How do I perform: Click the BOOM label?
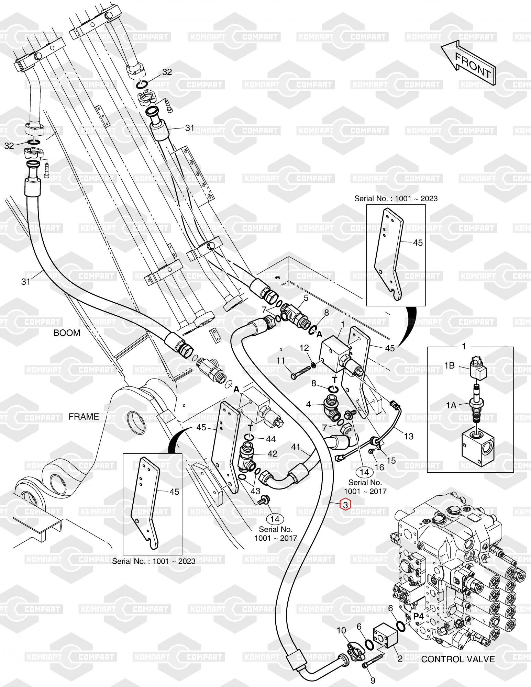coord(67,333)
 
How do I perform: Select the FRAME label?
coord(84,417)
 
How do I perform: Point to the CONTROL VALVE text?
coord(458,659)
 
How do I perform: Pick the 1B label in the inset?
coord(450,366)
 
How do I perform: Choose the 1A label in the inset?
coord(451,405)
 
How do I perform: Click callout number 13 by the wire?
coord(409,436)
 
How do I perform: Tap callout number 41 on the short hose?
coord(296,447)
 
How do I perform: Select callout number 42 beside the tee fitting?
coord(272,454)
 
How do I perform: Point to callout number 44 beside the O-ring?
coord(271,439)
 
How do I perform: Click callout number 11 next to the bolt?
coord(281,361)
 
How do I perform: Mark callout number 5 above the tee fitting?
coord(306,298)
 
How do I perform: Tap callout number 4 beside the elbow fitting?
coord(309,404)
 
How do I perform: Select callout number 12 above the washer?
coord(304,348)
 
